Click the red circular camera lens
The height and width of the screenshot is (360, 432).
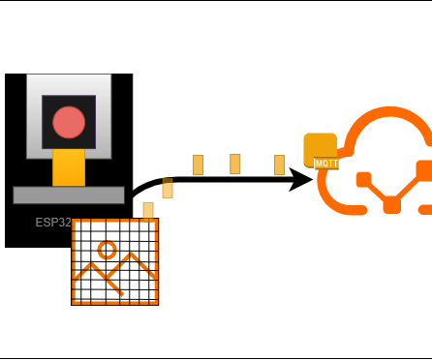(x=69, y=122)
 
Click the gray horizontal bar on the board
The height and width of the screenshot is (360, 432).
(x=69, y=195)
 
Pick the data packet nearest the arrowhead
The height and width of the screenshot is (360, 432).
(x=279, y=164)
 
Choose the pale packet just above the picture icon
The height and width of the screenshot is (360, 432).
(x=148, y=210)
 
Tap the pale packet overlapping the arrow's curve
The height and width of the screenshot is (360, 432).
(x=168, y=188)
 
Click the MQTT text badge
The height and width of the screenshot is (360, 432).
(x=326, y=165)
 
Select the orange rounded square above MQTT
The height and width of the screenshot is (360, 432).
(x=320, y=146)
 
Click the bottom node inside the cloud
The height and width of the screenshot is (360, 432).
(x=392, y=204)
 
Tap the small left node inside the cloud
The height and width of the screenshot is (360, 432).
(x=363, y=180)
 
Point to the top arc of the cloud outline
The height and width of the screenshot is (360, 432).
(x=387, y=117)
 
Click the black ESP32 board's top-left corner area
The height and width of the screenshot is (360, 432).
(x=15, y=82)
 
